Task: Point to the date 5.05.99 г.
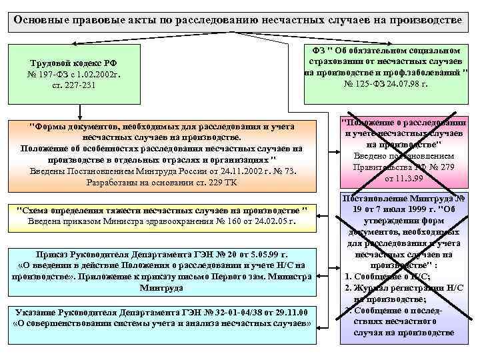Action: (272, 254)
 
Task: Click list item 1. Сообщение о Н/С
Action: (387, 276)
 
